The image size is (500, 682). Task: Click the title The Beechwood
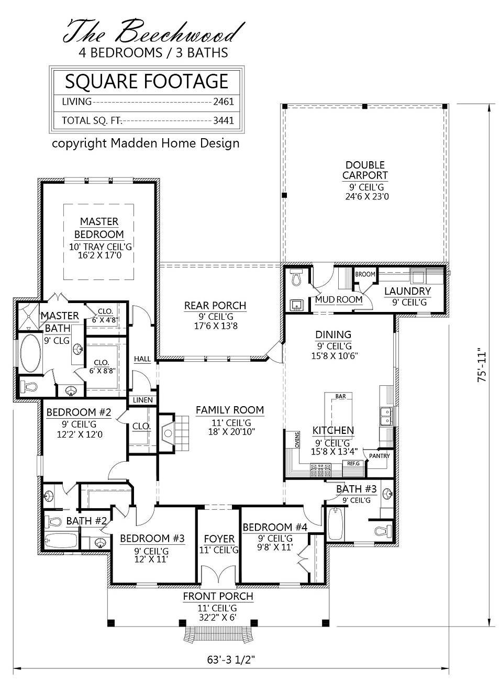point(153,32)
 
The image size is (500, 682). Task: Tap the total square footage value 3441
point(223,120)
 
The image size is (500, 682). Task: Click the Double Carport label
point(365,170)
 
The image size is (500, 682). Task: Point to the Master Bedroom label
point(99,228)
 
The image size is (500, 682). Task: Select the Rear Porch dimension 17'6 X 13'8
point(215,326)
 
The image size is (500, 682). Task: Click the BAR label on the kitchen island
point(340,397)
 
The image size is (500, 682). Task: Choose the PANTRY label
point(379,455)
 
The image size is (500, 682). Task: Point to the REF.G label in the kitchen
point(353,464)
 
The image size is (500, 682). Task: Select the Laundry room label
point(407,291)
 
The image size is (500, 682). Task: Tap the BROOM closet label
point(365,274)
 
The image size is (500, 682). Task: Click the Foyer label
point(219,539)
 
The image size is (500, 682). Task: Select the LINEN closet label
point(142,400)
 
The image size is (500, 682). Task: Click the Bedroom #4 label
point(267,527)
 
